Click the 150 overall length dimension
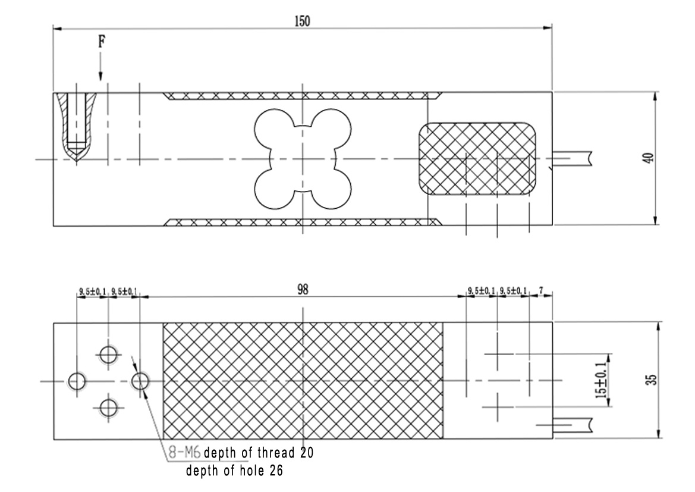click(x=302, y=21)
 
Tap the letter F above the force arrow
click(x=102, y=42)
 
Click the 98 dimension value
click(x=302, y=290)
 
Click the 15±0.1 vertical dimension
click(x=600, y=380)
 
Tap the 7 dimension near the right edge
click(x=541, y=291)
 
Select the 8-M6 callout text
click(x=184, y=453)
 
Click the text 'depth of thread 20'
click(x=259, y=453)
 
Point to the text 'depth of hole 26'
click(x=234, y=470)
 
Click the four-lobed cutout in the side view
click(x=303, y=159)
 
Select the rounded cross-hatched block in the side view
click(x=477, y=158)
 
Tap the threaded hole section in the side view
click(x=77, y=127)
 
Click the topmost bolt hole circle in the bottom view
click(x=108, y=355)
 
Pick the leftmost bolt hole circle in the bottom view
click(x=77, y=381)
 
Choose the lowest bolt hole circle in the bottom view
click(x=108, y=408)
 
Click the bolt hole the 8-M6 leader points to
click(x=140, y=381)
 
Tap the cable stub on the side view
click(x=572, y=158)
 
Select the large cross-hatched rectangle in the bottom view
click(x=303, y=381)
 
